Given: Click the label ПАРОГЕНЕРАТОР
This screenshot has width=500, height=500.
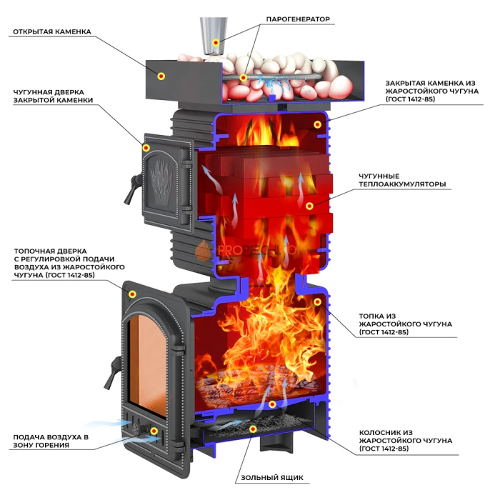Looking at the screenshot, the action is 298,19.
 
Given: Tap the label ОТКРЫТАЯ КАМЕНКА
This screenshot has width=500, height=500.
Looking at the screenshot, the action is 52,31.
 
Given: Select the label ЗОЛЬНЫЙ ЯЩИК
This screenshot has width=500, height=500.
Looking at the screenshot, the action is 272,477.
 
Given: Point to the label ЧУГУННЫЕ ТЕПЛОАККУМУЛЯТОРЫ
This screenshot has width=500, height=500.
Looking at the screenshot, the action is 402,180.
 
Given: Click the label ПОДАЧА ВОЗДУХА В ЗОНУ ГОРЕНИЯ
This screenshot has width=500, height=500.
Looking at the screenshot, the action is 51,441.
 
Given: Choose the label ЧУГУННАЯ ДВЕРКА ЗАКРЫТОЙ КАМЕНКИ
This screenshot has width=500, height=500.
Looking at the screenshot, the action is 53,96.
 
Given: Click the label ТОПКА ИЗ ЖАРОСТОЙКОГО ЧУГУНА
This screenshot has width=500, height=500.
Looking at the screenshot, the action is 405,324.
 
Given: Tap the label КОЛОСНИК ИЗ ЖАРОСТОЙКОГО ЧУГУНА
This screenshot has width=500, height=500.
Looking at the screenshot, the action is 405,441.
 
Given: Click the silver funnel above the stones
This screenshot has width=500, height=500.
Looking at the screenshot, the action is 214,36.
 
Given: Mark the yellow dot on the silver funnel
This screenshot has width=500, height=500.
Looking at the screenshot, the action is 216,42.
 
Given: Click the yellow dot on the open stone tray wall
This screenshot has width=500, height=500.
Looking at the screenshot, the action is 161,76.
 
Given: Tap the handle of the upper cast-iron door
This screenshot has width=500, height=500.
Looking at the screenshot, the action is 132,189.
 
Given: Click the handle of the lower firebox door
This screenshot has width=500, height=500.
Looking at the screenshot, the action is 112,373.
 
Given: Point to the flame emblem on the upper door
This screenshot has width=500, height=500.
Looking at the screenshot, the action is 161,179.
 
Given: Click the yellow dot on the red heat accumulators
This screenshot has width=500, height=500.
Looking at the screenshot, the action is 309,206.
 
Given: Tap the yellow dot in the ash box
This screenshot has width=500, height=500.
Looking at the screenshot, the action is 253,429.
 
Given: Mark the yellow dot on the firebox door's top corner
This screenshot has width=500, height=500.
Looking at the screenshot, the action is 132,294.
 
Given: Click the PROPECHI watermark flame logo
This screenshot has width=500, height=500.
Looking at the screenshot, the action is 203,251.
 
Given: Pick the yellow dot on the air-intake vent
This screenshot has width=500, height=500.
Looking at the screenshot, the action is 154,431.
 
